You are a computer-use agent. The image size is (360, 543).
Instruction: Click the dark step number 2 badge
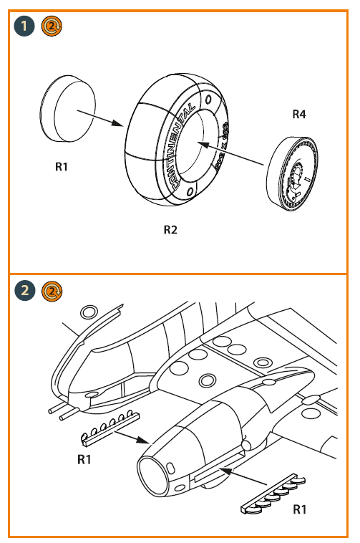coord(25,290)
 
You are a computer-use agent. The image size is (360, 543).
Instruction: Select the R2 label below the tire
coord(170,230)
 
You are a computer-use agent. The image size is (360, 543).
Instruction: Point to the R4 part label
coord(299,114)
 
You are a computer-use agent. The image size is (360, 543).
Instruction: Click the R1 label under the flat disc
coord(62,167)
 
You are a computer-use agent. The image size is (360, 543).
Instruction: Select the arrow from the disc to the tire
coord(100,117)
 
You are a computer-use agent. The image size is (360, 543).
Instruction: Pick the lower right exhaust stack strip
coord(276,496)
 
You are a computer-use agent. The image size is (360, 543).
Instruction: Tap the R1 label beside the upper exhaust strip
coord(84,459)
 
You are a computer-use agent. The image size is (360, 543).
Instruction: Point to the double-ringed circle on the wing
coord(208,379)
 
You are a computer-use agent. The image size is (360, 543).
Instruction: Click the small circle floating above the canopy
coord(89,312)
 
